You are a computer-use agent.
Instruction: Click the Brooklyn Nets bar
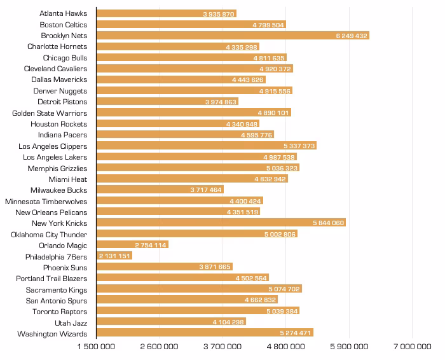pyautogui.click(x=233, y=36)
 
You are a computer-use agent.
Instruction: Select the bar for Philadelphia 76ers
pyautogui.click(x=114, y=256)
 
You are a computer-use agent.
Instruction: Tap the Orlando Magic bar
pyautogui.click(x=132, y=244)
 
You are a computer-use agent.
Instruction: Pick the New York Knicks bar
pyautogui.click(x=221, y=223)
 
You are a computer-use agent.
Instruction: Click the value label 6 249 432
pyautogui.click(x=352, y=36)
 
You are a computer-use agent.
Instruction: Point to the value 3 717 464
pyautogui.click(x=206, y=190)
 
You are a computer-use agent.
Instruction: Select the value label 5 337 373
pyautogui.click(x=299, y=146)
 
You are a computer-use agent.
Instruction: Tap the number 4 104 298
pyautogui.click(x=228, y=322)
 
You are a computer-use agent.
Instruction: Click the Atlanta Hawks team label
pyautogui.click(x=64, y=13)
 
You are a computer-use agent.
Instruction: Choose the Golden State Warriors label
pyautogui.click(x=50, y=113)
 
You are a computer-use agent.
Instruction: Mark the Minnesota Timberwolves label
pyautogui.click(x=46, y=202)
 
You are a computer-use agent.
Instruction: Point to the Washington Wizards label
pyautogui.click(x=52, y=334)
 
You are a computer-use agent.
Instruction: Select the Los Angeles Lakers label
pyautogui.click(x=55, y=157)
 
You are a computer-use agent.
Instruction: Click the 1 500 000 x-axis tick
pyautogui.click(x=96, y=347)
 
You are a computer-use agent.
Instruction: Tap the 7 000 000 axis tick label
pyautogui.click(x=413, y=347)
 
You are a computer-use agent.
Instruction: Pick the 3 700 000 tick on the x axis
pyautogui.click(x=222, y=347)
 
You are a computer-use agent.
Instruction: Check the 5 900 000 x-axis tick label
pyautogui.click(x=349, y=347)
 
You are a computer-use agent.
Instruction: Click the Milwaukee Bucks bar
pyautogui.click(x=160, y=190)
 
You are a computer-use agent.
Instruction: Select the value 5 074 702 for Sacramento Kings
pyautogui.click(x=284, y=289)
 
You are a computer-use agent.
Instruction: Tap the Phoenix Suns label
pyautogui.click(x=65, y=268)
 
